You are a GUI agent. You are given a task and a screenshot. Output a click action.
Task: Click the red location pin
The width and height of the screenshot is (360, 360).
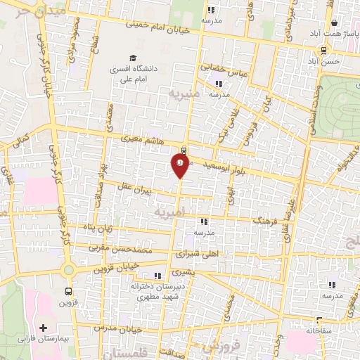(179, 165)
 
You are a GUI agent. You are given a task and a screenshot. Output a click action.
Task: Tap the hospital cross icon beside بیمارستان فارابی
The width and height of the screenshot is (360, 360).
(44, 328)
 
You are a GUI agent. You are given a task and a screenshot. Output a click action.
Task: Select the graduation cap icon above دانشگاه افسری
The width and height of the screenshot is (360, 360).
(132, 58)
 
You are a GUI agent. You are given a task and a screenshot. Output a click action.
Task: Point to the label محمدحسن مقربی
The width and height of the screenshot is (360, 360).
(123, 248)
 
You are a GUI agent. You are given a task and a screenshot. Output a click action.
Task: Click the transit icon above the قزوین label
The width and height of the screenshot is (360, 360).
(68, 290)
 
